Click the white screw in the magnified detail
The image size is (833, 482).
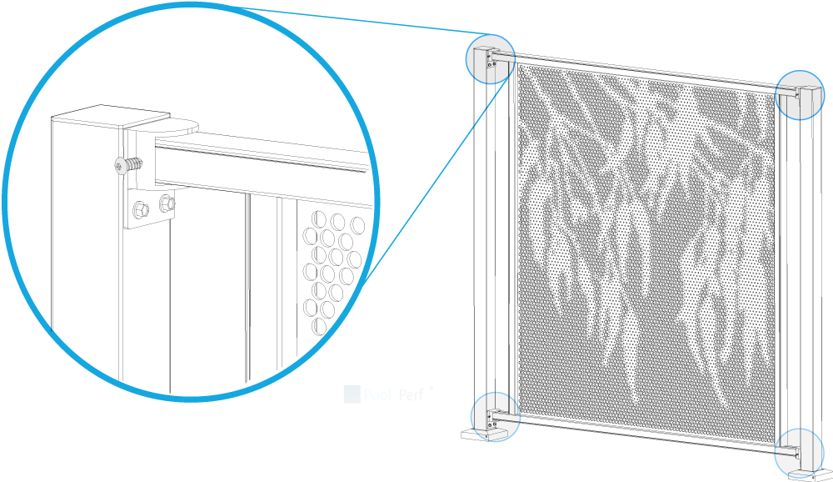[123, 165]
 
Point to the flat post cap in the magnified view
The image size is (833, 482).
[108, 116]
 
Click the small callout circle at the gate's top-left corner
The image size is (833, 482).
[490, 59]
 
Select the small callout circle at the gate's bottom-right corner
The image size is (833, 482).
[799, 454]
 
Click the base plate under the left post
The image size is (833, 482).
[481, 434]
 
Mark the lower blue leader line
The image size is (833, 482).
[433, 183]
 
